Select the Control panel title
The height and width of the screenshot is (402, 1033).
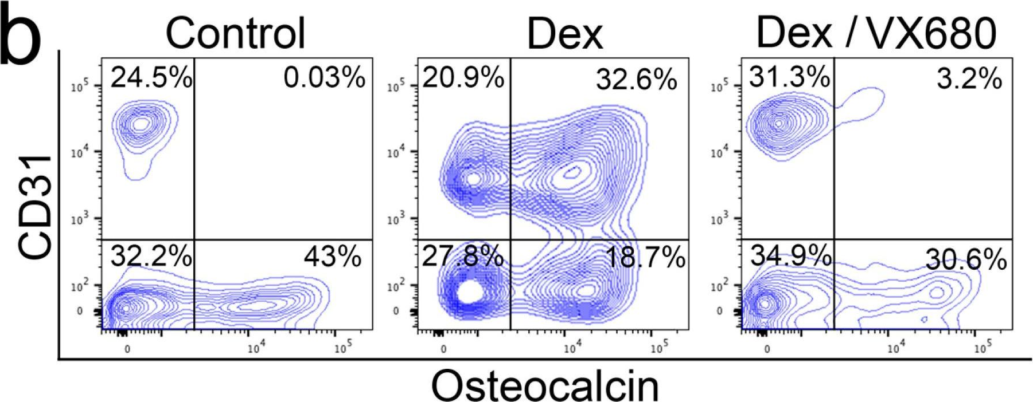[x=235, y=33]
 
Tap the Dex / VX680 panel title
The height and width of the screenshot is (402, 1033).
[x=876, y=33]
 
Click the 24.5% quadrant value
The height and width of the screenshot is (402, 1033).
[x=151, y=77]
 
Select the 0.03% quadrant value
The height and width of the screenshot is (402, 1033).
[x=324, y=77]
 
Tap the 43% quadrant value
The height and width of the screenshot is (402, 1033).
[x=333, y=257]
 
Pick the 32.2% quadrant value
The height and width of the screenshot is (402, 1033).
[x=151, y=257]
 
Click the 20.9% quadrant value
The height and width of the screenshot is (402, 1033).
[x=463, y=77]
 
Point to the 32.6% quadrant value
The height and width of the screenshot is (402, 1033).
[x=636, y=80]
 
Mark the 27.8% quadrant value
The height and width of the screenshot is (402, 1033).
[x=463, y=257]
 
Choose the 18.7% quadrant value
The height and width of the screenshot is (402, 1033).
[x=645, y=259]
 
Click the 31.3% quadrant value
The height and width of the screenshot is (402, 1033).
[x=789, y=76]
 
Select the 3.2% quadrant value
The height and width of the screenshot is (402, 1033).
[x=969, y=78]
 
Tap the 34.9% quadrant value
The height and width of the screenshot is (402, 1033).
[x=790, y=255]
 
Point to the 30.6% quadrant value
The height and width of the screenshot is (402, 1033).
[x=966, y=261]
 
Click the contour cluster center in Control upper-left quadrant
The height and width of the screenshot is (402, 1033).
[x=141, y=124]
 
